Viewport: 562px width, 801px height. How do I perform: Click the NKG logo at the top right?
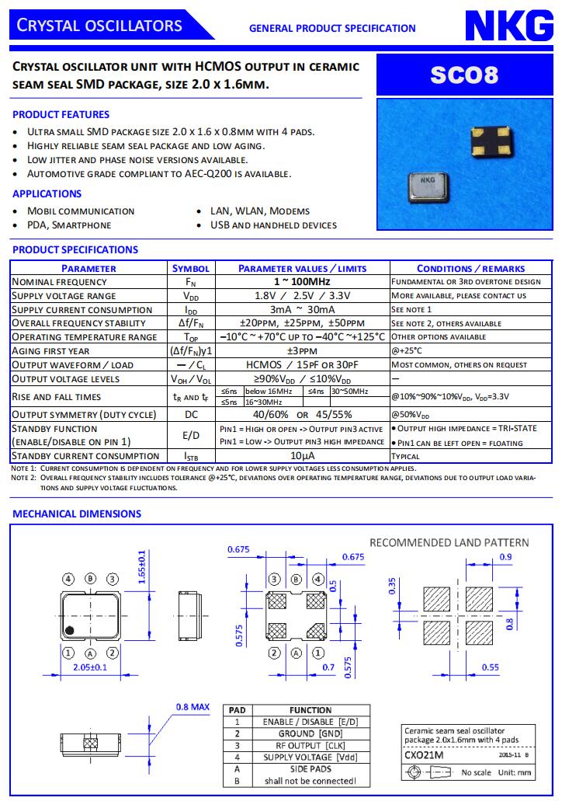pyautogui.click(x=504, y=26)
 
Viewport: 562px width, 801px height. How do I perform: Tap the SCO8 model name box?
pyautogui.click(x=464, y=76)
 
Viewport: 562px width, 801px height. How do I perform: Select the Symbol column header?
pyautogui.click(x=190, y=268)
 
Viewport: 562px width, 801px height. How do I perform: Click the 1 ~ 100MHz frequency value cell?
pyautogui.click(x=302, y=282)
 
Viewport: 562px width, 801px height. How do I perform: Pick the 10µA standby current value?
pyautogui.click(x=302, y=456)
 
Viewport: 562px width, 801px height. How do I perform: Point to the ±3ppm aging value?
pyautogui.click(x=302, y=351)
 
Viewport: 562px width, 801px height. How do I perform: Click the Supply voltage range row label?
pyautogui.click(x=64, y=296)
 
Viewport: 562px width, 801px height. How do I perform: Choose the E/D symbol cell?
pyautogui.click(x=190, y=435)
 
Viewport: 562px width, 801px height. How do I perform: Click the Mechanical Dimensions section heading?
pyautogui.click(x=77, y=514)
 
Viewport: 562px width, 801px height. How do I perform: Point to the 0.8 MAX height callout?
pyautogui.click(x=193, y=707)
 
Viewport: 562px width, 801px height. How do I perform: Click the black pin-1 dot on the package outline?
pyautogui.click(x=70, y=629)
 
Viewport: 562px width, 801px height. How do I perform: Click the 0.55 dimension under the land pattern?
pyautogui.click(x=490, y=667)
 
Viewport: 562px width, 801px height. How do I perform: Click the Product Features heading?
pyautogui.click(x=61, y=114)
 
